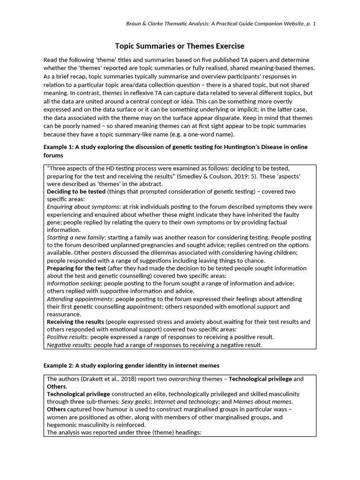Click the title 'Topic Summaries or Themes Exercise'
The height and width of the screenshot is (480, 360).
pos(180,46)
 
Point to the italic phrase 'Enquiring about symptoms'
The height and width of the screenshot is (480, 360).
pos(83,207)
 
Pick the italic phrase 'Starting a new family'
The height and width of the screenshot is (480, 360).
pos(75,238)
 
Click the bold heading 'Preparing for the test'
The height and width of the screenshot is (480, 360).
pos(76,268)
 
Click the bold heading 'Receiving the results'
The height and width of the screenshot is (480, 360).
pos(75,322)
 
